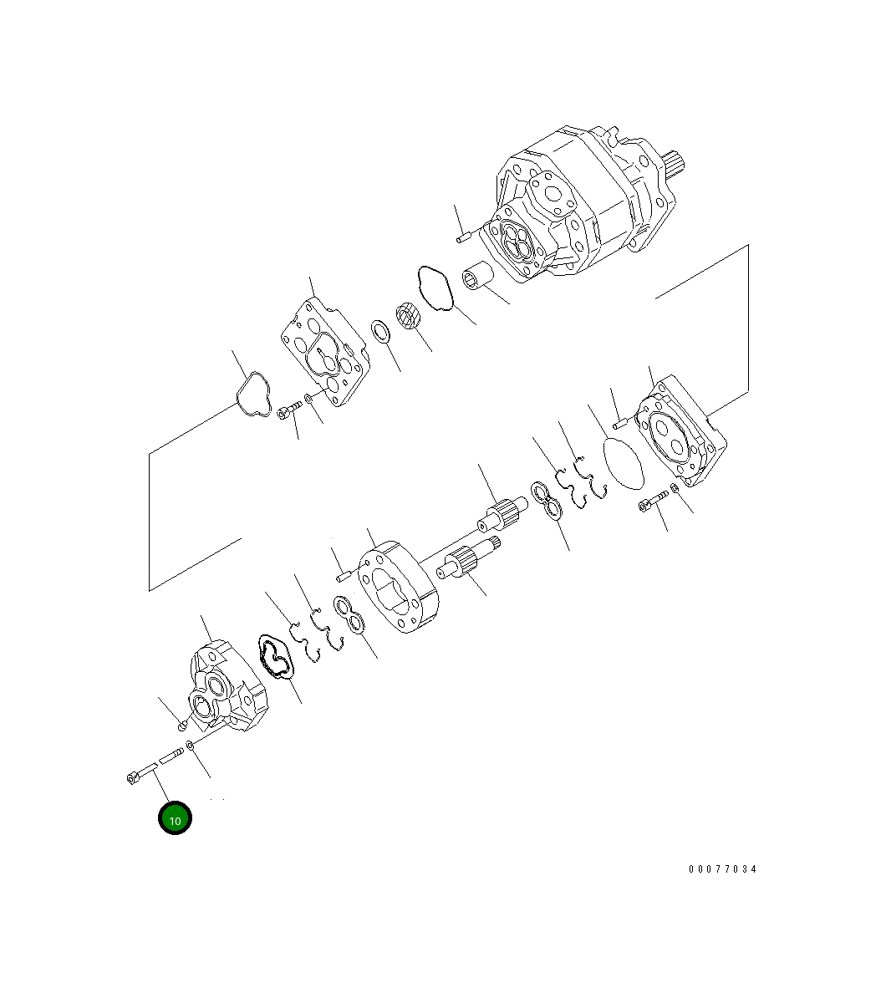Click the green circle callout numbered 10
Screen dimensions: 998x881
tap(175, 819)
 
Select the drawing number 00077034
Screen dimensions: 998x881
tap(722, 869)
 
